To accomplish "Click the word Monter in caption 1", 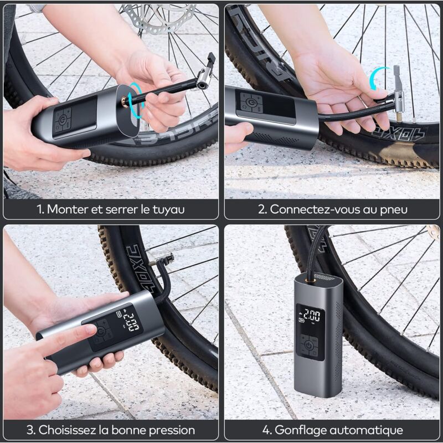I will click(x=66, y=209).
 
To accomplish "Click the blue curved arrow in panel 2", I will click(x=379, y=78).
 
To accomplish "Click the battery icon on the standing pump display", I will click(x=302, y=319).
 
